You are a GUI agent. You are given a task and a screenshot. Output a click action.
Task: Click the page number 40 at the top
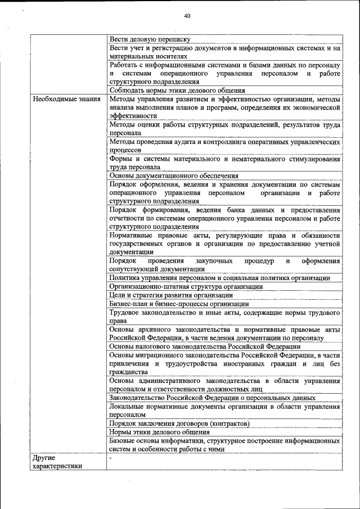pos(187,16)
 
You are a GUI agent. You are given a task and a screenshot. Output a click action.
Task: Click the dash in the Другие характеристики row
pos(111,458)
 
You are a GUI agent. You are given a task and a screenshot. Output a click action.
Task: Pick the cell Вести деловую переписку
pos(150,39)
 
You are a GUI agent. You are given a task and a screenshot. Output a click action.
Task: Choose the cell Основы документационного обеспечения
pos(174,175)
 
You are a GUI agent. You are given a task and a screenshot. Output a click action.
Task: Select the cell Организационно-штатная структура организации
pos(186,286)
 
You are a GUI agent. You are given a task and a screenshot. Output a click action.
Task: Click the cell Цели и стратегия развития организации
pos(171,295)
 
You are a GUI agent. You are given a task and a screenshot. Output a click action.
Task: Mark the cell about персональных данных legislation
pos(212,398)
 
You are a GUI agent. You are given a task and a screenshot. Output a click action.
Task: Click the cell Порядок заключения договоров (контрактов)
pos(179,423)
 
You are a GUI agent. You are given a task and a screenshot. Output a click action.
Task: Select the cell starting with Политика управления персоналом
pos(219,278)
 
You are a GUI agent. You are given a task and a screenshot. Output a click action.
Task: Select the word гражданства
pos(129,372)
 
